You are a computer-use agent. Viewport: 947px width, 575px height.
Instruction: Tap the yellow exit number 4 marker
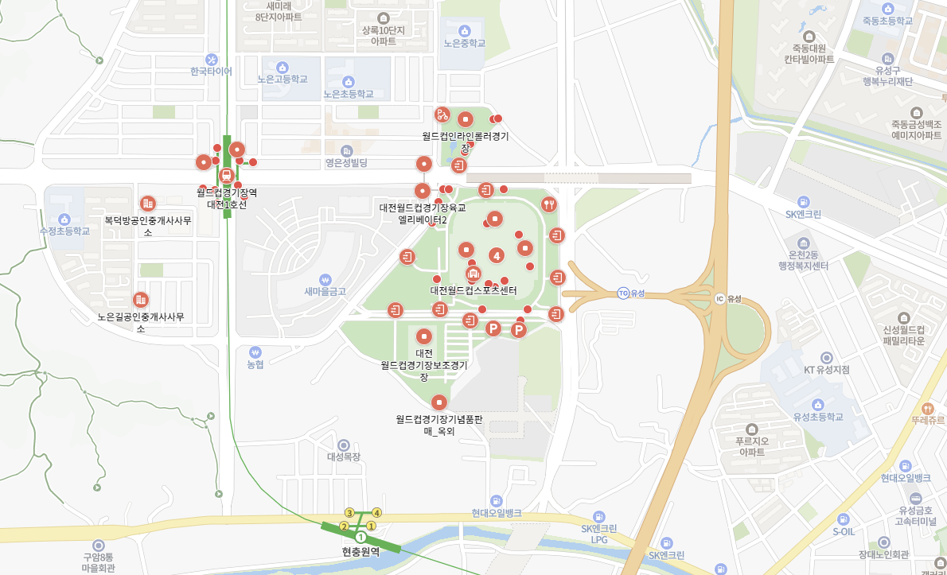pos(377,512)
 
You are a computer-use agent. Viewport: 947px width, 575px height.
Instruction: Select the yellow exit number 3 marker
pos(349,512)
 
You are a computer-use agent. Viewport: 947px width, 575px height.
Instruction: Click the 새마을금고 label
pos(325,291)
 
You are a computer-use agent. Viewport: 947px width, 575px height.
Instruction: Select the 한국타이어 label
pos(211,71)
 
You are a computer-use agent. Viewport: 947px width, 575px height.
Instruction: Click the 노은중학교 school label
pos(465,44)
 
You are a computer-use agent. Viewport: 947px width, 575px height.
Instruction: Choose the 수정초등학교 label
pos(64,231)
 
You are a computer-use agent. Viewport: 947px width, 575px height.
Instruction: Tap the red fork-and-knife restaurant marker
pos(548,204)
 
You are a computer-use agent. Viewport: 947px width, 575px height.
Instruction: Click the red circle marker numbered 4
pos(497,255)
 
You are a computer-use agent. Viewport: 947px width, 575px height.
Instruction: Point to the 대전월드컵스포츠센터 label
pos(473,290)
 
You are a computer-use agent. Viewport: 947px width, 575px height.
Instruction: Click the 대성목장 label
pos(344,457)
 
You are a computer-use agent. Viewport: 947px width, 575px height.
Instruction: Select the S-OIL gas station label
pos(844,531)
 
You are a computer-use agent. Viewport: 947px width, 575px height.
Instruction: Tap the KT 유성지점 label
pos(826,370)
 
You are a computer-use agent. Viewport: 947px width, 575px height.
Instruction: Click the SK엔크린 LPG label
pos(599,534)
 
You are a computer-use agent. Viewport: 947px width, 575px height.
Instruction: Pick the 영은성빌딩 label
pos(346,163)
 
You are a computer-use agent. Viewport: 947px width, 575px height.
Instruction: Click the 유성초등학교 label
pos(817,417)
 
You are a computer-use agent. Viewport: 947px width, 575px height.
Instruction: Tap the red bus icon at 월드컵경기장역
pos(226,175)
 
